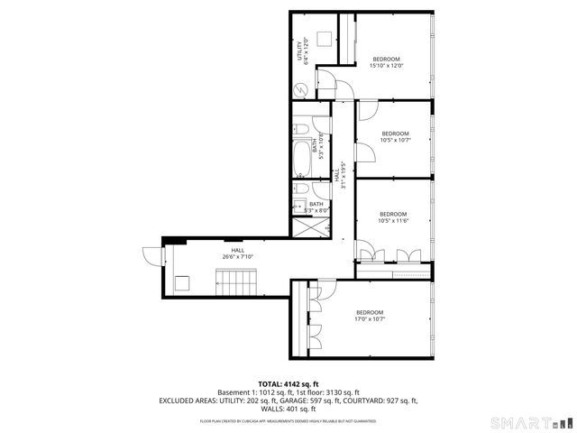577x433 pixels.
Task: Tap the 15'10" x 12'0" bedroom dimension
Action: point(386,65)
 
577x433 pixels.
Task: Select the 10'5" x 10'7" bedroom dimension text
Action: point(395,140)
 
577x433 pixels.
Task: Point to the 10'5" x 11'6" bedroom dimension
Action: point(394,220)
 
